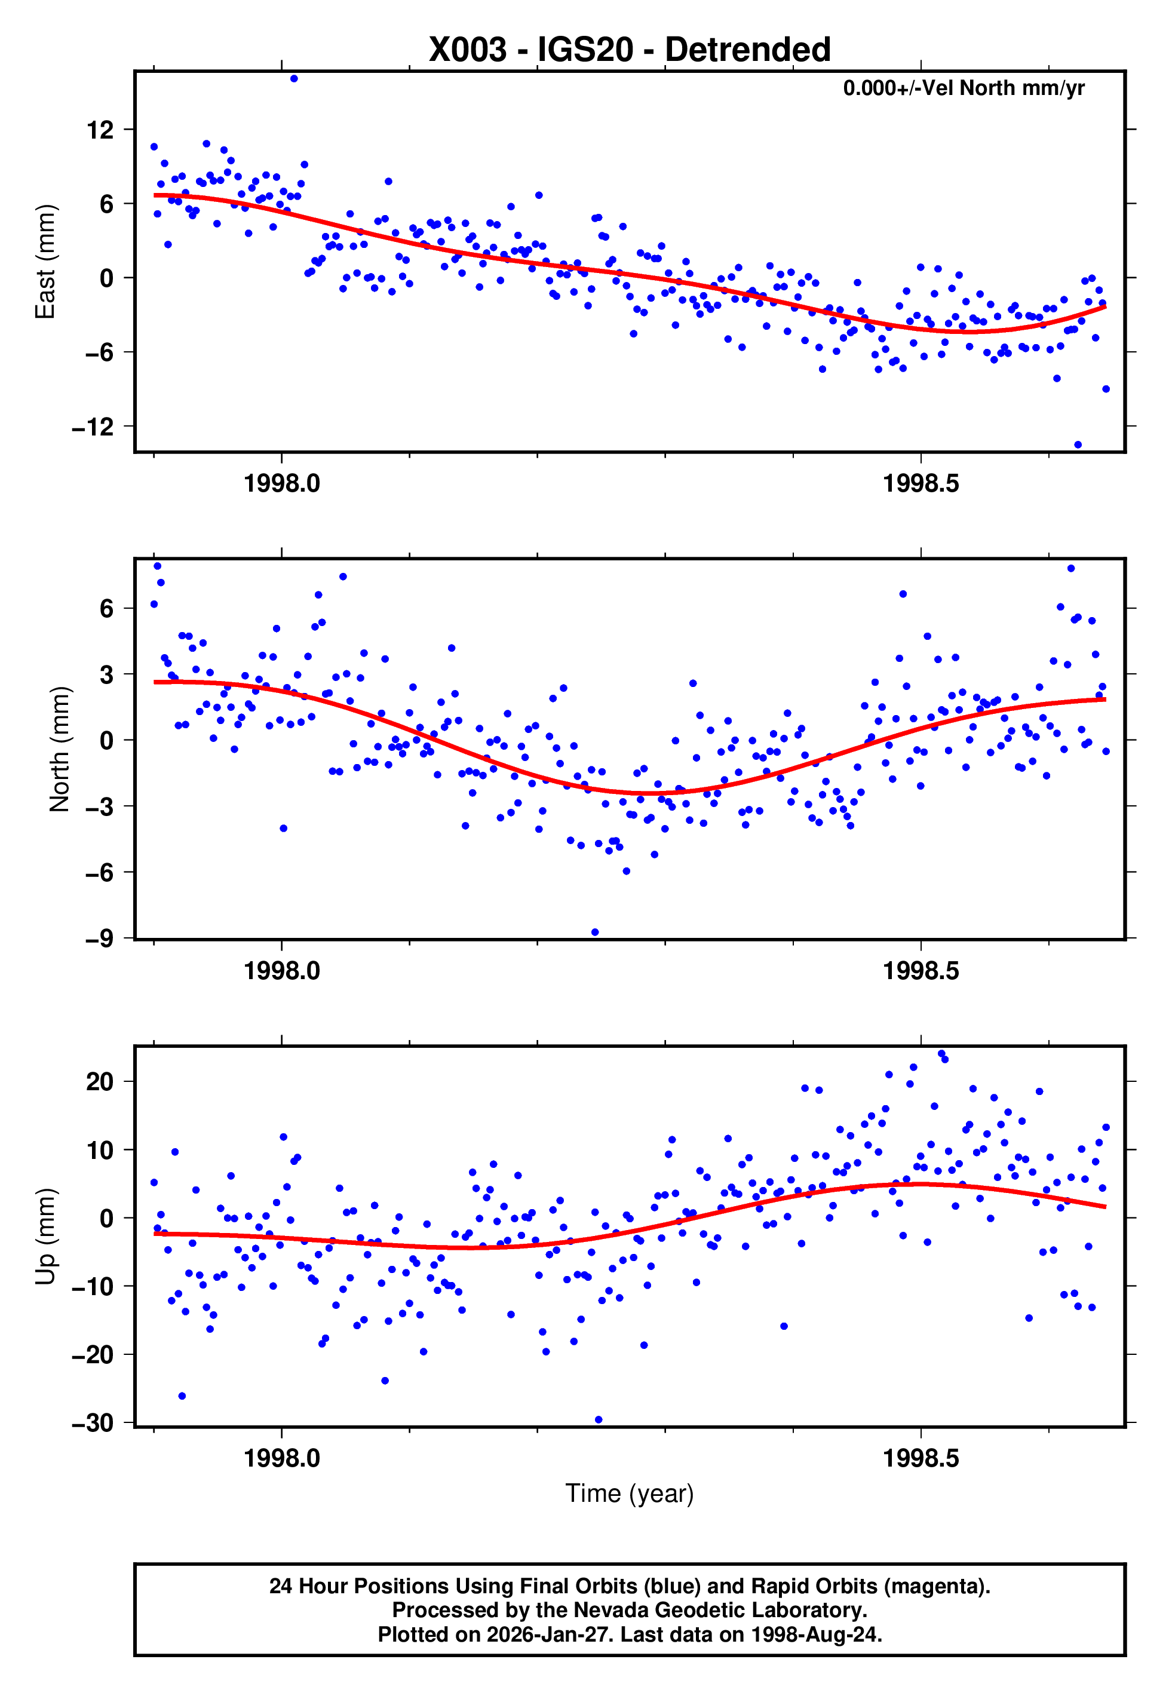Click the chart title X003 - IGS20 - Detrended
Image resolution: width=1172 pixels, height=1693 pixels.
pyautogui.click(x=630, y=50)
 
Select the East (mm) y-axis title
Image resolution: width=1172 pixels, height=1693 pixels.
pyautogui.click(x=45, y=262)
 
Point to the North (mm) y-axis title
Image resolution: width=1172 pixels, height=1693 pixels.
pyautogui.click(x=59, y=749)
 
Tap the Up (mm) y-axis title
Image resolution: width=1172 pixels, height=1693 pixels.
pyautogui.click(x=45, y=1237)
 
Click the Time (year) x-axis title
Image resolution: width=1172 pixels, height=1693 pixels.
pyautogui.click(x=630, y=1493)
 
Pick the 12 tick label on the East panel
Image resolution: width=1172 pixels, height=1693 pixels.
pyautogui.click(x=100, y=130)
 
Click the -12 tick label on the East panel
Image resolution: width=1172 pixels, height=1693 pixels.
pyautogui.click(x=93, y=427)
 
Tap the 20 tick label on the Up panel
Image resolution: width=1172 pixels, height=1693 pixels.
pyautogui.click(x=100, y=1081)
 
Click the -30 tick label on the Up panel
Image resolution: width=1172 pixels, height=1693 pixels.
pyautogui.click(x=93, y=1423)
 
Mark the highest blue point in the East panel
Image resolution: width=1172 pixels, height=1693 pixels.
pyautogui.click(x=294, y=78)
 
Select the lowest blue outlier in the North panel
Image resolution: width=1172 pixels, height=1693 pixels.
pyautogui.click(x=595, y=933)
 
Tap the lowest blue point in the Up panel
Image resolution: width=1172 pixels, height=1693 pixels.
pyautogui.click(x=599, y=1420)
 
